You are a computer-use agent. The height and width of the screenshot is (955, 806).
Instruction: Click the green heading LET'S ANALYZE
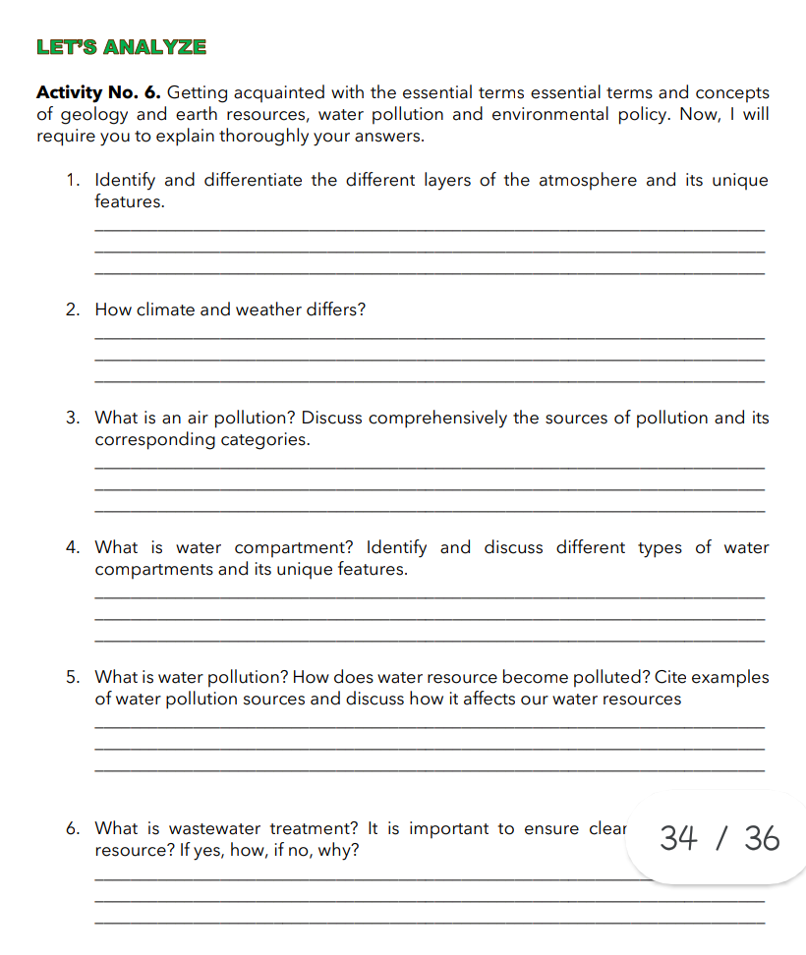pyautogui.click(x=121, y=46)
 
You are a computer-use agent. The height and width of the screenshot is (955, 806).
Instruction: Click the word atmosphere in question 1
pyautogui.click(x=587, y=181)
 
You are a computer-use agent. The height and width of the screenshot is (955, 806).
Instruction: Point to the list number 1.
pyautogui.click(x=73, y=181)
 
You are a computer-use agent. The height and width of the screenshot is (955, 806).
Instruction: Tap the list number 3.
pyautogui.click(x=73, y=419)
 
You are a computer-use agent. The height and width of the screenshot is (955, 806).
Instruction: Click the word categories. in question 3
pyautogui.click(x=265, y=440)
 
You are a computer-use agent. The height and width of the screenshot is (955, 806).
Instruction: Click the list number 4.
pyautogui.click(x=73, y=548)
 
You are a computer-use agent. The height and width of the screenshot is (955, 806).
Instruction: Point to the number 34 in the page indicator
pyautogui.click(x=679, y=839)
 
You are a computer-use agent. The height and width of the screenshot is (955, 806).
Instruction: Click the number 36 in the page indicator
pyautogui.click(x=762, y=839)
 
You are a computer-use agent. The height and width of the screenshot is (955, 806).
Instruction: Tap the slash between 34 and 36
pyautogui.click(x=721, y=839)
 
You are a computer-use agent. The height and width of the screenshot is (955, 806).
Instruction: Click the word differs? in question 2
pyautogui.click(x=334, y=310)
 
